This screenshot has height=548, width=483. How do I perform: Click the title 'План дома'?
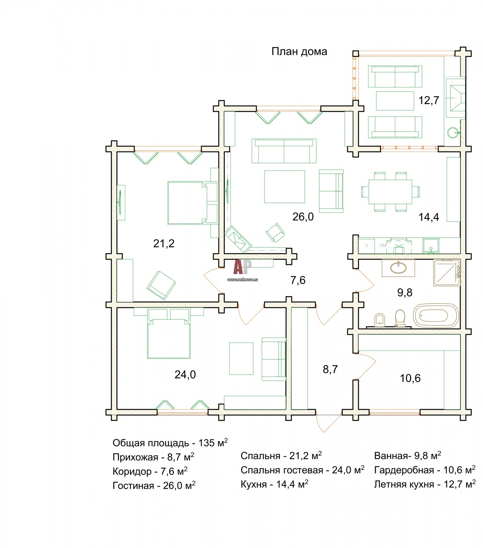coord(299,52)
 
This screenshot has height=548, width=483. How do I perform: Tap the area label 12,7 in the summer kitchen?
coord(429,100)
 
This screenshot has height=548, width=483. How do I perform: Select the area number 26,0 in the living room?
coord(303,217)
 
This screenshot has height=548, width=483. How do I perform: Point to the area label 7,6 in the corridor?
coord(298,280)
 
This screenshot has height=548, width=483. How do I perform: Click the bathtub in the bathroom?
coord(436,315)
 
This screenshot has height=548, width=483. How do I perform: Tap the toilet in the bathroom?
coord(400,319)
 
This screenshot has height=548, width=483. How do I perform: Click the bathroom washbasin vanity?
coord(398,268)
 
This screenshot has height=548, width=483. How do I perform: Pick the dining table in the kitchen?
coord(390,192)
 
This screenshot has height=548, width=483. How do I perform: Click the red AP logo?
coord(242,267)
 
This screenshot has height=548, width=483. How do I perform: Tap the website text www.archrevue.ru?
coord(242,280)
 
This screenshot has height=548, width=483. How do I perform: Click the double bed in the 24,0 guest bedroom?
coord(168,334)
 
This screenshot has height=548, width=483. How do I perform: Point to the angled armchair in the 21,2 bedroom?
coord(161,285)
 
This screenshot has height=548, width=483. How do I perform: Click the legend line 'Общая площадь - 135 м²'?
coord(170,443)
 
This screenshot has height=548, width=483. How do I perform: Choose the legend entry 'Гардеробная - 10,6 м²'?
coord(424,470)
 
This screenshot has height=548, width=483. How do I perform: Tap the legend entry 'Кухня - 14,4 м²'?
coord(274,484)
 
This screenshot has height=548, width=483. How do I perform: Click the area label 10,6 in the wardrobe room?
coord(410,378)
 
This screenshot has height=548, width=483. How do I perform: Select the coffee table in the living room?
coord(284,186)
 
